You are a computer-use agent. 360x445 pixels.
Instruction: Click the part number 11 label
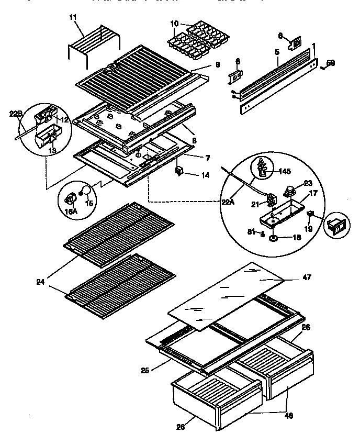pos(72,18)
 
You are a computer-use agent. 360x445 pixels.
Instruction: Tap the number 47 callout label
pos(307,277)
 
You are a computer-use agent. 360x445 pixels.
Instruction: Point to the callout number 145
pos(285,171)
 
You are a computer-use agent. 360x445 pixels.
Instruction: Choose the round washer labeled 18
pos(273,239)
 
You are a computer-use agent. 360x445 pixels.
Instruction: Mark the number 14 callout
pos(206,175)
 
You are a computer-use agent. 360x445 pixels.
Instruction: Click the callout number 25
pos(145,370)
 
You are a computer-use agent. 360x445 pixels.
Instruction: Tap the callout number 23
pos(307,183)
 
